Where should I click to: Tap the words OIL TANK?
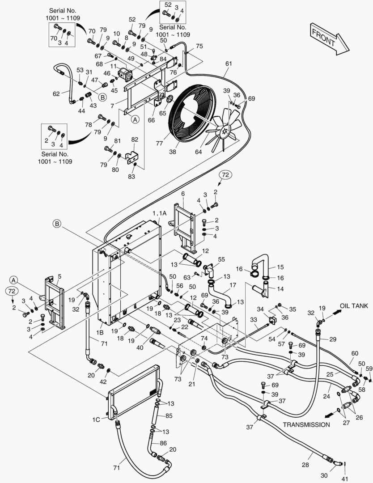(354, 306)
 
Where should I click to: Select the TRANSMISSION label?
(306, 424)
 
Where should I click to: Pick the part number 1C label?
(96, 419)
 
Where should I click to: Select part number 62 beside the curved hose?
(56, 94)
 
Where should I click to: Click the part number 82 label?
(135, 140)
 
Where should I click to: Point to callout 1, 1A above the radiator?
(159, 213)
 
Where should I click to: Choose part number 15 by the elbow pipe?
(280, 267)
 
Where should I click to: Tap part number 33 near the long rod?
(254, 320)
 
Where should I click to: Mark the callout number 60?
(354, 354)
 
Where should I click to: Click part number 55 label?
(221, 259)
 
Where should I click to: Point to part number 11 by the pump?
(114, 66)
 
